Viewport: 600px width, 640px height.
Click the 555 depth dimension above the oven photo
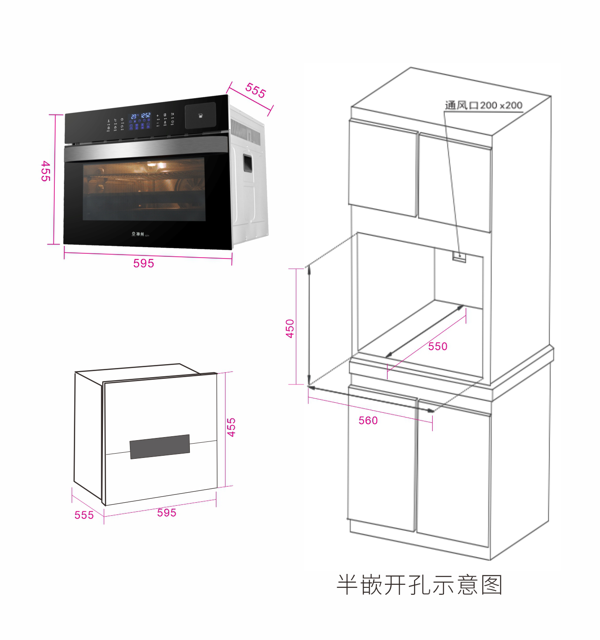pos(255,90)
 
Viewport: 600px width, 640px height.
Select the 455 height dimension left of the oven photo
pos(46,171)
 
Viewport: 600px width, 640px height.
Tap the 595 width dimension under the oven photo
pos(143,263)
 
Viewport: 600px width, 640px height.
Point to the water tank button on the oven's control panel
pos(200,116)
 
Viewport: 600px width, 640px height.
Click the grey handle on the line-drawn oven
pos(160,446)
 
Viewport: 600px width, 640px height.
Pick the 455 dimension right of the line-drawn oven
pos(232,427)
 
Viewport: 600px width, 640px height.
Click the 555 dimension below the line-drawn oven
pos(84,515)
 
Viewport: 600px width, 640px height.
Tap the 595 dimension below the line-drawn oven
pos(167,513)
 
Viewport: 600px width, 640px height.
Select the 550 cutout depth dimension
pos(438,346)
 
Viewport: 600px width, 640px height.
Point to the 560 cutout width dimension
pos(368,420)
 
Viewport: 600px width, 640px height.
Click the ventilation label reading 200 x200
pos(484,105)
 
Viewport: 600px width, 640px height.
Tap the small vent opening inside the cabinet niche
pos(459,257)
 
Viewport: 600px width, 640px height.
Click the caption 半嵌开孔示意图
pos(419,585)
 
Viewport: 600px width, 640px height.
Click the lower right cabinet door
pos(453,474)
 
